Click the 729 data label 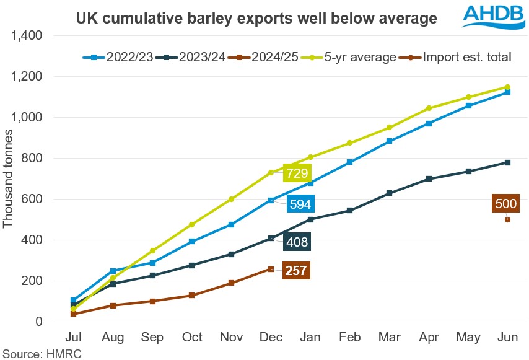297,173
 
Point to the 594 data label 302,204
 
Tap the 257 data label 297,270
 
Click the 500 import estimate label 505,203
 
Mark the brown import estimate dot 507,219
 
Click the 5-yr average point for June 507,87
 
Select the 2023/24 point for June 507,162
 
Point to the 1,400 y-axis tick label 27,36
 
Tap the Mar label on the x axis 389,338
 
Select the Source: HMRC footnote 42,354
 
